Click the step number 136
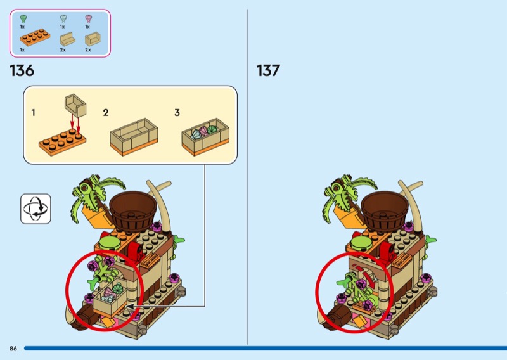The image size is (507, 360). point(22,70)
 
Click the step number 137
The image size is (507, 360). point(268,70)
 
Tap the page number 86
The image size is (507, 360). point(13,349)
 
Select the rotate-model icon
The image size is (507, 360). point(35,209)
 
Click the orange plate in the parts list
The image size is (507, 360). point(35,37)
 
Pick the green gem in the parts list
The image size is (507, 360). point(23,19)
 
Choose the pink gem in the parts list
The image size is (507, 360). point(88,19)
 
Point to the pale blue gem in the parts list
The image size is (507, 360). point(63,19)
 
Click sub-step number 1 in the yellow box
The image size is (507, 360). point(33,113)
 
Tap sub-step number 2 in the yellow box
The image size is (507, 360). point(106,113)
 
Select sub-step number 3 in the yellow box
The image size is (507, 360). point(177,113)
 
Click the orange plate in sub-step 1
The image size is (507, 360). point(62,142)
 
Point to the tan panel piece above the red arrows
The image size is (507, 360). point(75,105)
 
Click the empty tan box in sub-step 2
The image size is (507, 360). point(134,137)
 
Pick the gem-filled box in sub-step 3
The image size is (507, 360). point(205,137)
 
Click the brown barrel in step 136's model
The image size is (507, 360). point(133,210)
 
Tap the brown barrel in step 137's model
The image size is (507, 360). point(385,210)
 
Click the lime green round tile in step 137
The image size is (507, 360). point(361,243)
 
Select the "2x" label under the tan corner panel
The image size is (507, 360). point(88,50)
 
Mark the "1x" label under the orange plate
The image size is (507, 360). point(22,50)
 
